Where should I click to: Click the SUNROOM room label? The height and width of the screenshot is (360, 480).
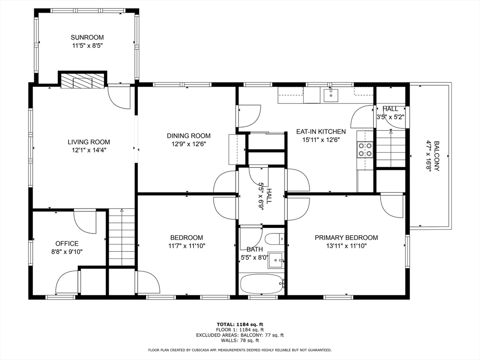point(87,37)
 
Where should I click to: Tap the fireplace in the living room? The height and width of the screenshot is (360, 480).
point(82,81)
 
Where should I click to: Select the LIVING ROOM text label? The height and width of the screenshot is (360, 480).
point(89,142)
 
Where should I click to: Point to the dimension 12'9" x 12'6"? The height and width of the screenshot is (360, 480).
point(188,144)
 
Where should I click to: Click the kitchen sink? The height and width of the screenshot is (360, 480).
point(331,95)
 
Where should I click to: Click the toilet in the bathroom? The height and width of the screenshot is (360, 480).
point(278,239)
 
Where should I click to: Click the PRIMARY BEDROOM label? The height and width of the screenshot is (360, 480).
point(346,238)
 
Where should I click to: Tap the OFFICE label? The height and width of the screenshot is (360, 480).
point(67,244)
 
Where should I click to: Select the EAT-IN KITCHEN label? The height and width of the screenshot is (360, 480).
point(321,132)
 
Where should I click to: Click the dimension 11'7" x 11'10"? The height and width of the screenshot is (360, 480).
point(187,246)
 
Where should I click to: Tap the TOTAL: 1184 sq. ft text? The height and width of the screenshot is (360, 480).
point(240,324)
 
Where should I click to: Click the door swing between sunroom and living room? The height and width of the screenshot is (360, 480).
point(119,97)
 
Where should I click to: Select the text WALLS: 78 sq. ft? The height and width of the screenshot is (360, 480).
point(240,341)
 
